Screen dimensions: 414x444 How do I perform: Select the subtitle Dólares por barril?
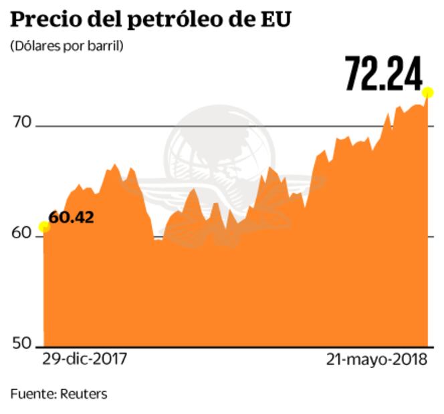[x=67, y=47]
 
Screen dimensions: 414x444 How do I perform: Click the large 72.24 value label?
[x=384, y=73]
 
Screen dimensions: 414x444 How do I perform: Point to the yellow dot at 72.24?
[x=428, y=92]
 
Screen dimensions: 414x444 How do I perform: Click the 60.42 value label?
[x=71, y=217]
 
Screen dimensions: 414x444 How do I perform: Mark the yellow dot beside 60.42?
[x=44, y=227]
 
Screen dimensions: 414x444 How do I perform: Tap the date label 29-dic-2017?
[x=84, y=359]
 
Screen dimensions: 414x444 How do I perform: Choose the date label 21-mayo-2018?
[x=377, y=359]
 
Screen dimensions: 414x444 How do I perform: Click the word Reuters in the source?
[x=83, y=394]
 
